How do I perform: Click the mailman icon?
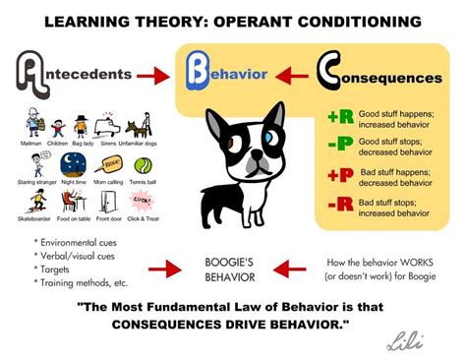(x=30, y=125)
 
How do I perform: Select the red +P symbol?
(x=341, y=176)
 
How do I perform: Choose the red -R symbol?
(x=341, y=205)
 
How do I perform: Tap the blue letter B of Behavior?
(x=194, y=73)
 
